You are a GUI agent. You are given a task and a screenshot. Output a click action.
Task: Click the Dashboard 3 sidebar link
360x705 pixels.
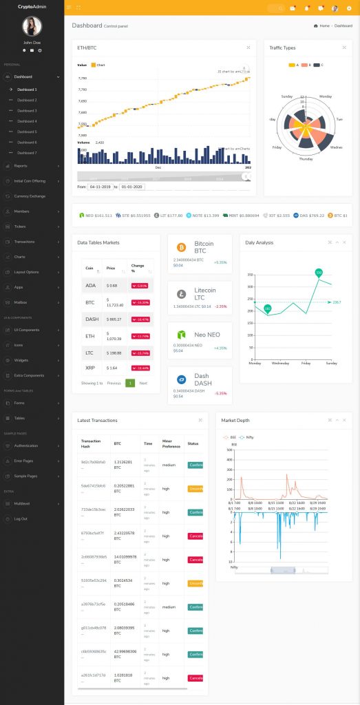coord(28,111)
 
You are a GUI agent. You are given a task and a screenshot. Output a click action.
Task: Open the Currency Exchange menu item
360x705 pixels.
coord(30,196)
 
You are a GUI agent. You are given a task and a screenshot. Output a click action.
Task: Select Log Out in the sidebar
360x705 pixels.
coord(21,518)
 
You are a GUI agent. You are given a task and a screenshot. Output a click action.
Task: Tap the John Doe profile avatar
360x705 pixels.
coord(32,26)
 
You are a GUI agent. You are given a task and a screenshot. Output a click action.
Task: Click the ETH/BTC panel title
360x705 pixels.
coord(87,48)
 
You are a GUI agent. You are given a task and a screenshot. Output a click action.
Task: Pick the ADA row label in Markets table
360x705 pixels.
coord(90,285)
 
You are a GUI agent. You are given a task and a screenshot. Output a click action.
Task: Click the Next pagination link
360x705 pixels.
coord(143,383)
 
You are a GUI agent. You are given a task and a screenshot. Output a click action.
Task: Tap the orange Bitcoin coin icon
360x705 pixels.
coord(182,247)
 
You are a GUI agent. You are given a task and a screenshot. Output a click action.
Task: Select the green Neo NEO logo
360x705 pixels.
coord(182,335)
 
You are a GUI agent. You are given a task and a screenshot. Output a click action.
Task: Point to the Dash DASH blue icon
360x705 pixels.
coord(182,379)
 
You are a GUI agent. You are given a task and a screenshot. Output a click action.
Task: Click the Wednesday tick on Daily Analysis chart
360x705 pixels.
coord(280,363)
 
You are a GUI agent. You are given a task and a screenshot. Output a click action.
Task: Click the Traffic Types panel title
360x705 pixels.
coord(283,48)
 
